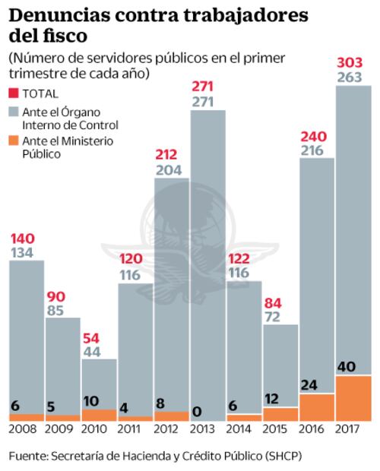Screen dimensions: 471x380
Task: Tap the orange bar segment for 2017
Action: [x=353, y=398]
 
